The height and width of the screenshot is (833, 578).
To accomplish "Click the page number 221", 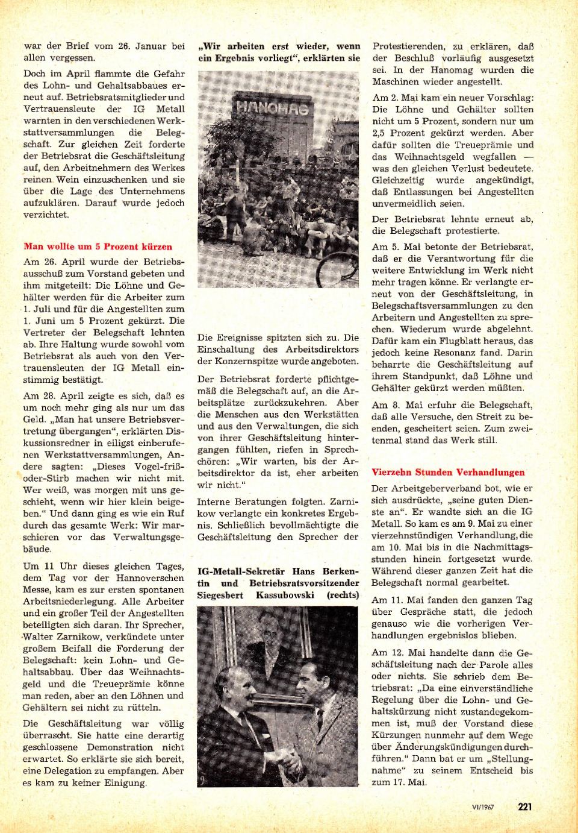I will [524, 806].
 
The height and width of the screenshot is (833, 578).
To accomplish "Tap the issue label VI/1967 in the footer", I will [483, 807].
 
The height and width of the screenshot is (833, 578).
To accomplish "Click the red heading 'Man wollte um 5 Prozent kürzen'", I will [98, 247].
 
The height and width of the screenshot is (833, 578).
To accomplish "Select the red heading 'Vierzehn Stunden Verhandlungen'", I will [448, 472].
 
